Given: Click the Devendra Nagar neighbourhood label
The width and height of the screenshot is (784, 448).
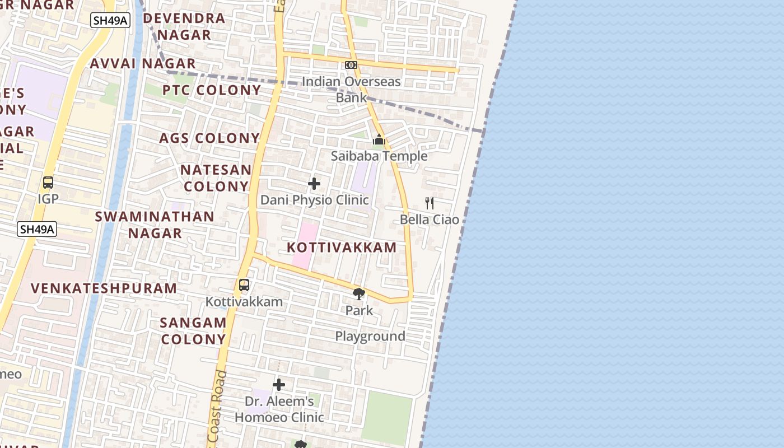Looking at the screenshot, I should pyautogui.click(x=184, y=26).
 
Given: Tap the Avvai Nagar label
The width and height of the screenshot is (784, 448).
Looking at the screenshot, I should pyautogui.click(x=143, y=63).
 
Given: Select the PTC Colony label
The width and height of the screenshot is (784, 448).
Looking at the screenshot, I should pyautogui.click(x=212, y=90).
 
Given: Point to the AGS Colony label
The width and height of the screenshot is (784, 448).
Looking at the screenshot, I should pyautogui.click(x=209, y=138).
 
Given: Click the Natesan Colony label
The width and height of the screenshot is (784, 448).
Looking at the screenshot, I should pyautogui.click(x=216, y=178).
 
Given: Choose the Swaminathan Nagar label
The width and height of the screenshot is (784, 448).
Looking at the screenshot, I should pyautogui.click(x=155, y=225).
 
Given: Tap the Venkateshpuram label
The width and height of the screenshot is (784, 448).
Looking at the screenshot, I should pyautogui.click(x=104, y=288).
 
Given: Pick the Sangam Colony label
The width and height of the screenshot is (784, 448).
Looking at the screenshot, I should pyautogui.click(x=193, y=330).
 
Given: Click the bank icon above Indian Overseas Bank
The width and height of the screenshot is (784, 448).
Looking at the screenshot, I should pyautogui.click(x=351, y=66).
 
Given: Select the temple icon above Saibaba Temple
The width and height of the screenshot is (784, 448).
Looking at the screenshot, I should pyautogui.click(x=379, y=139).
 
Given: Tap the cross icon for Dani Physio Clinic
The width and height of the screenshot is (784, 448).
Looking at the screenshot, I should pyautogui.click(x=314, y=183).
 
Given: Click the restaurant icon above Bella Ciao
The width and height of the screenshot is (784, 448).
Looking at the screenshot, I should pyautogui.click(x=430, y=203).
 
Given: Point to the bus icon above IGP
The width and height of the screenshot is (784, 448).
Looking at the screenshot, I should pyautogui.click(x=48, y=183).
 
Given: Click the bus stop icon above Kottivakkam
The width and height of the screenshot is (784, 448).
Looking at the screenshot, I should pyautogui.click(x=244, y=285).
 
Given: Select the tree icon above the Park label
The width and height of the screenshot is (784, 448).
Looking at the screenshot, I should pyautogui.click(x=359, y=293).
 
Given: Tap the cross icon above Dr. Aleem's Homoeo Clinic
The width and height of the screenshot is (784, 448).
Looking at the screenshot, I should pyautogui.click(x=279, y=385).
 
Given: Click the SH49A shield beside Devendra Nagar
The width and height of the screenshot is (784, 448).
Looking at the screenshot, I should pyautogui.click(x=110, y=21).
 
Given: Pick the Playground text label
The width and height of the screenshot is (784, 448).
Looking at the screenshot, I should pyautogui.click(x=370, y=336).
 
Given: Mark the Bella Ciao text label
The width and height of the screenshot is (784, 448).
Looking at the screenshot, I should pyautogui.click(x=430, y=220).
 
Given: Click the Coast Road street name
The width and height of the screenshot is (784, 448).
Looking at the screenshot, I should pyautogui.click(x=217, y=406).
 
